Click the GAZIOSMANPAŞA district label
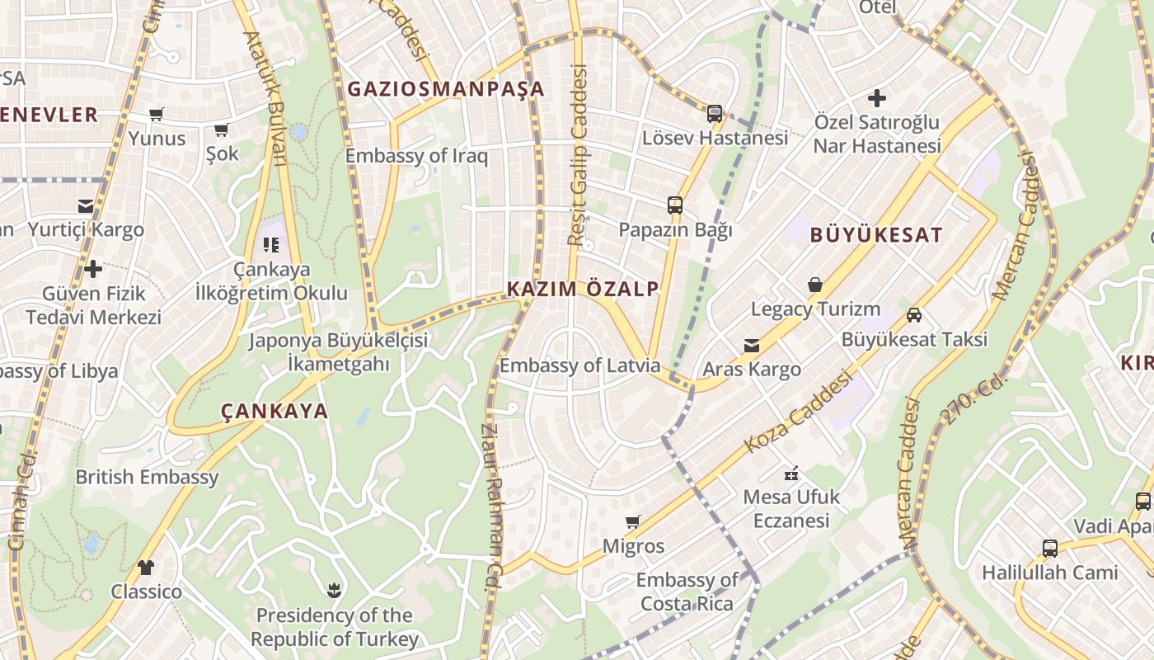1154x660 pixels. pyautogui.click(x=446, y=89)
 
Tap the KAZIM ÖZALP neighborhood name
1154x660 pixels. pyautogui.click(x=583, y=289)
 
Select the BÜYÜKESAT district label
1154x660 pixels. pyautogui.click(x=875, y=235)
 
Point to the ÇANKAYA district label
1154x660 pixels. pyautogui.click(x=274, y=411)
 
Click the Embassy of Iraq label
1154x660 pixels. pyautogui.click(x=416, y=156)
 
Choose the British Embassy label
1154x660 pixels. pyautogui.click(x=148, y=477)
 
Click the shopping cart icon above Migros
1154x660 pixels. pyautogui.click(x=632, y=521)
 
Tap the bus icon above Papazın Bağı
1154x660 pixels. pyautogui.click(x=674, y=205)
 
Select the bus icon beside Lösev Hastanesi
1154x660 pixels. pyautogui.click(x=715, y=114)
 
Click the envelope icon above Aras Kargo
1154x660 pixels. pyautogui.click(x=751, y=346)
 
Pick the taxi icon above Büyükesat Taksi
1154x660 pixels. pyautogui.click(x=913, y=314)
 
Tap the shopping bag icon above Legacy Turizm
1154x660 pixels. pyautogui.click(x=815, y=285)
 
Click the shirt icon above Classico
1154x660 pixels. pyautogui.click(x=146, y=568)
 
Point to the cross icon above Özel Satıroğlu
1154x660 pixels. pyautogui.click(x=876, y=98)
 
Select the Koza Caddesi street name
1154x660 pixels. pyautogui.click(x=797, y=412)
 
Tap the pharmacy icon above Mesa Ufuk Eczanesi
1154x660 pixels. pyautogui.click(x=791, y=474)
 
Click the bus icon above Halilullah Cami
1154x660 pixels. pyautogui.click(x=1049, y=548)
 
